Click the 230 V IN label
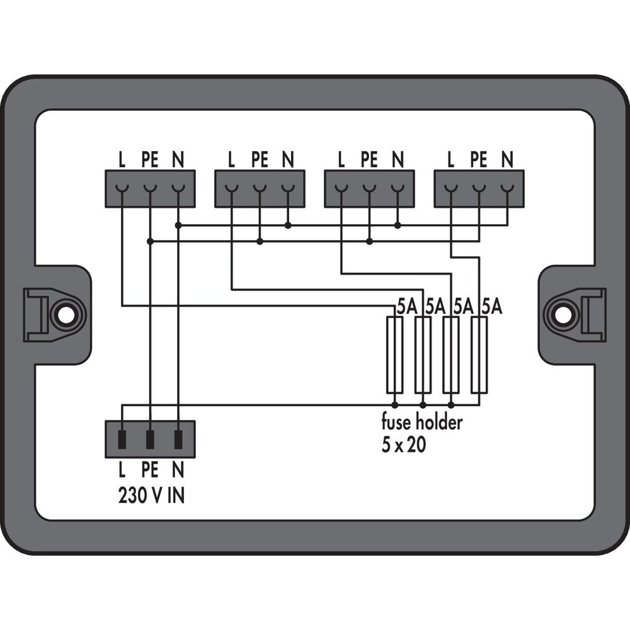click(151, 496)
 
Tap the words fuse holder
click(421, 422)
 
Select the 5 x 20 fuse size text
click(403, 445)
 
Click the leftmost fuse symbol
click(394, 355)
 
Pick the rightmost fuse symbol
click(479, 355)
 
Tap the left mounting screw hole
click(64, 314)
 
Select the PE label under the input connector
click(150, 469)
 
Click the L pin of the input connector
click(122, 439)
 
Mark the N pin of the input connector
click(178, 439)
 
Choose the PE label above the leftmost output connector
click(150, 160)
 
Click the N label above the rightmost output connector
click(507, 160)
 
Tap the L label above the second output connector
click(231, 160)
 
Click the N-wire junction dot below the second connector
click(288, 225)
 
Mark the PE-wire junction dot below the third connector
click(369, 241)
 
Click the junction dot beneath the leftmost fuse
click(394, 405)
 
